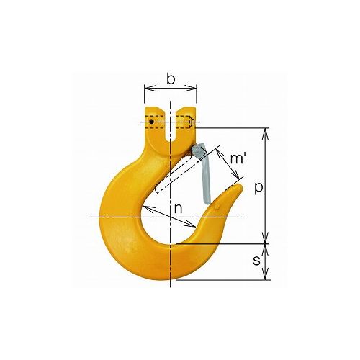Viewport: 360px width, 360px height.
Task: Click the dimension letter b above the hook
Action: (x=171, y=79)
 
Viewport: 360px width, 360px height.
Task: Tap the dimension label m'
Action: (x=237, y=158)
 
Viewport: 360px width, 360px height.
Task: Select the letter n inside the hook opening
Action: (x=178, y=210)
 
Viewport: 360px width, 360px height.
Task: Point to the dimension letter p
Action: (x=258, y=189)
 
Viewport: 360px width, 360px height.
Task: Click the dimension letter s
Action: (x=257, y=261)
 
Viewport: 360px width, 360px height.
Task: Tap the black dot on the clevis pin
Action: (x=151, y=122)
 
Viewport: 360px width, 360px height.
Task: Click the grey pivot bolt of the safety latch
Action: (x=197, y=150)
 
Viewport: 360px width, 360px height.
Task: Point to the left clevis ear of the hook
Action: (x=155, y=120)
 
